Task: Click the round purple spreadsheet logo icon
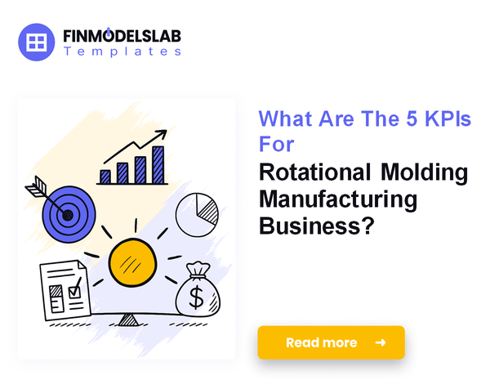point(36,42)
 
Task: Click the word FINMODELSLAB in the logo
point(122,36)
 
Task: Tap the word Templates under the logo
point(122,51)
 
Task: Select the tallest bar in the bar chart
point(158,165)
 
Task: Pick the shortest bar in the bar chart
point(105,177)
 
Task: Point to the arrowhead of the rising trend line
point(161,135)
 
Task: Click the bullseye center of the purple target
point(68,215)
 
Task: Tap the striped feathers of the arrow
point(36,186)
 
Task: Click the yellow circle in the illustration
point(132,262)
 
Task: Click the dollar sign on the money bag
point(197,297)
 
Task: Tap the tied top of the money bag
point(198,270)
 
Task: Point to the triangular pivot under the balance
point(128,320)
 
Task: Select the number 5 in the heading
point(412,119)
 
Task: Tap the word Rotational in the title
point(315,172)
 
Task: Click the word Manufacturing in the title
point(338,200)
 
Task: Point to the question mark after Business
point(368,226)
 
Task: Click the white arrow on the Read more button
point(381,342)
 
